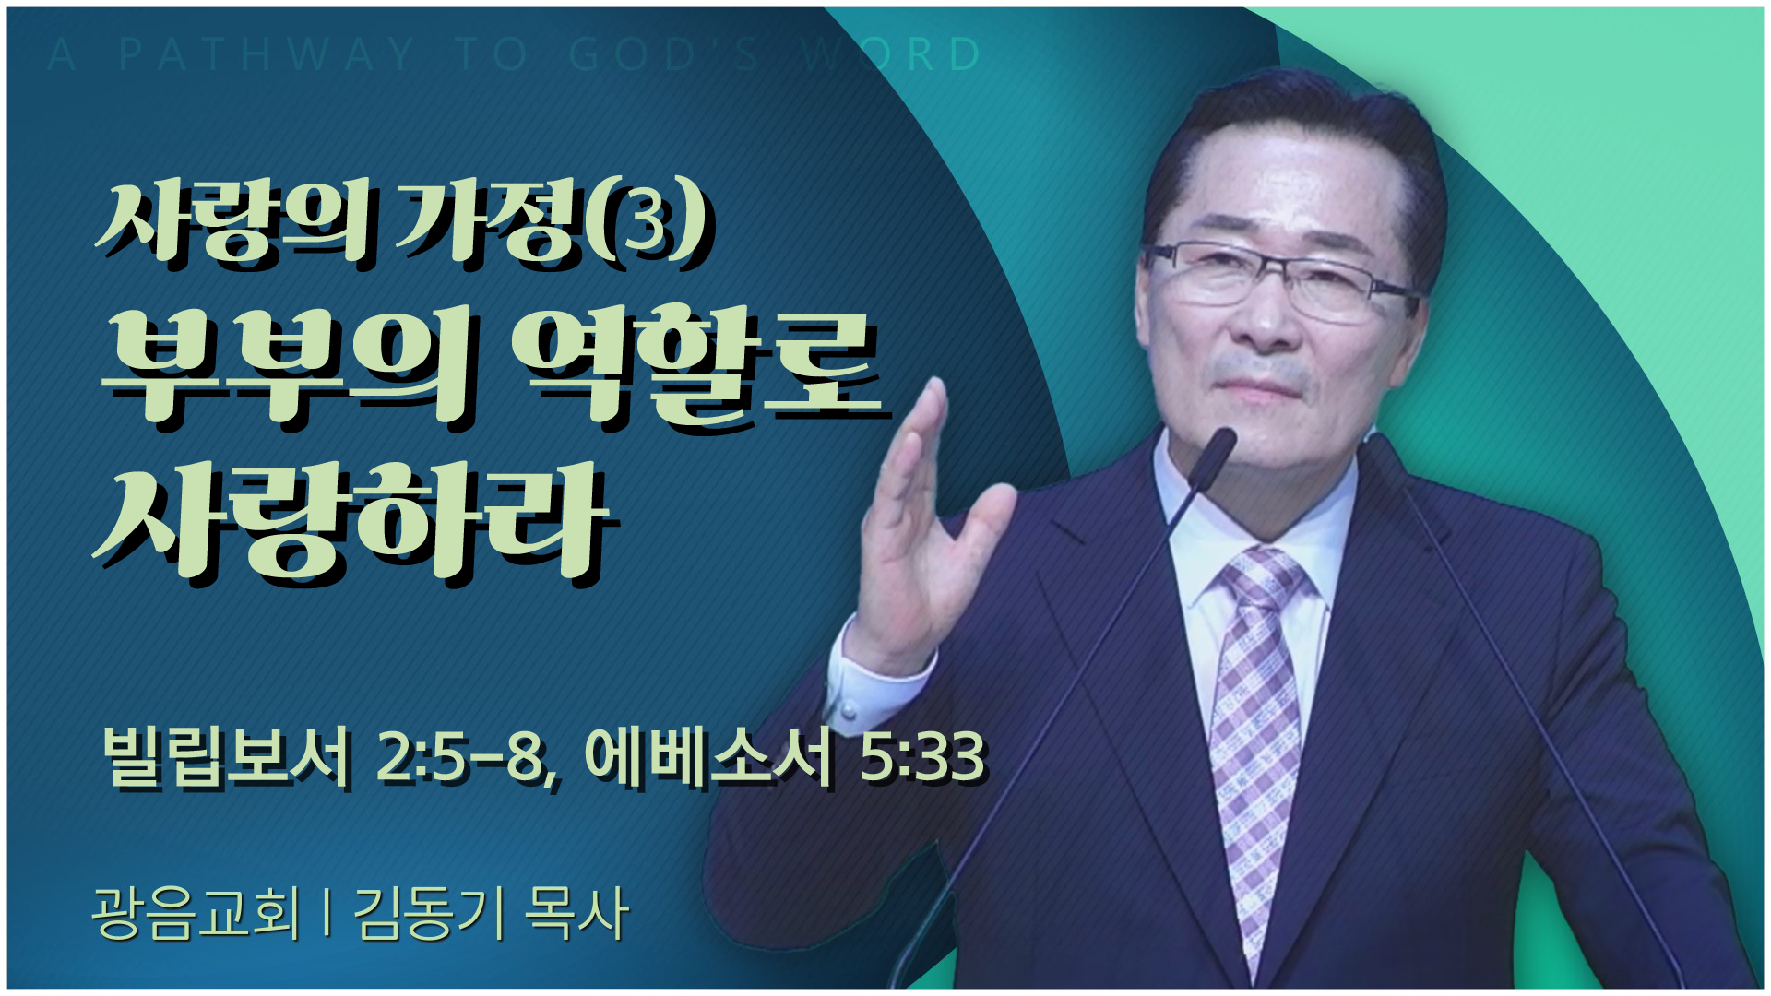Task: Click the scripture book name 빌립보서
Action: tap(227, 757)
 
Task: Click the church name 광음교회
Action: tap(196, 913)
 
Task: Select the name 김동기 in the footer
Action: tap(430, 913)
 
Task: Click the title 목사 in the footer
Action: tap(576, 913)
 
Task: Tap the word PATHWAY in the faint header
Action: tap(267, 54)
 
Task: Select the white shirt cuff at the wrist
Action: tap(881, 682)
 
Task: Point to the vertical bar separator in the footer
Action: tap(328, 913)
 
